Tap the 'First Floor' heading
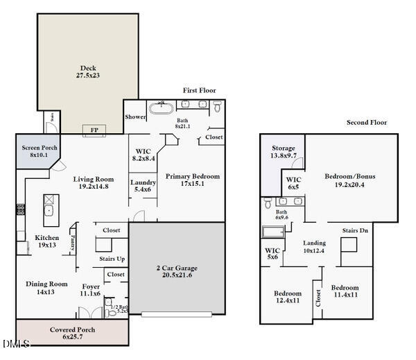[x=200, y=91]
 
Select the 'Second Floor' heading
[x=367, y=123]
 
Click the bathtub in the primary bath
[x=161, y=108]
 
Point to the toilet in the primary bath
[x=218, y=108]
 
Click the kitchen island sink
[x=50, y=212]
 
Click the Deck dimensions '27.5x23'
[x=88, y=76]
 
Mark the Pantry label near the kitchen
[x=73, y=243]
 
